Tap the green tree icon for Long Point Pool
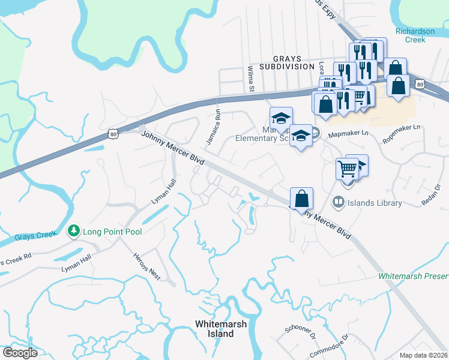[73, 230]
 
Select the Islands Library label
[376, 203]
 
